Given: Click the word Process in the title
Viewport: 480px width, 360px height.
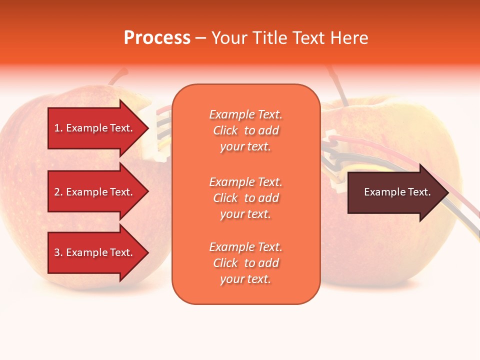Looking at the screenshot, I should pyautogui.click(x=157, y=38).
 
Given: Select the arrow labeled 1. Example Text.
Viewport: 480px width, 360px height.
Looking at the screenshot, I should pyautogui.click(x=95, y=128).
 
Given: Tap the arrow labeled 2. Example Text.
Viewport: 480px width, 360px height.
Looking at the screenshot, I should pyautogui.click(x=95, y=192).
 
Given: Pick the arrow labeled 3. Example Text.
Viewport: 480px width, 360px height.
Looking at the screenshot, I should pyautogui.click(x=95, y=252).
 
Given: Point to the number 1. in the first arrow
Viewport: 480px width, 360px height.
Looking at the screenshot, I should pyautogui.click(x=58, y=128).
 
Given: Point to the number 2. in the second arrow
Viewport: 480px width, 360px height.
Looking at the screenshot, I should pyautogui.click(x=58, y=192).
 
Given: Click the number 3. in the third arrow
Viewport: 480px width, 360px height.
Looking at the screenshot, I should pyautogui.click(x=58, y=252).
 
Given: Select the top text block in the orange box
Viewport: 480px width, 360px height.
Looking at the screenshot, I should pyautogui.click(x=245, y=130).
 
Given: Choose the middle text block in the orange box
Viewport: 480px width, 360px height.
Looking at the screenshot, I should pyautogui.click(x=245, y=198).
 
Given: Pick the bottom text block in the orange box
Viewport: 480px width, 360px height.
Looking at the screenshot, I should pyautogui.click(x=245, y=263).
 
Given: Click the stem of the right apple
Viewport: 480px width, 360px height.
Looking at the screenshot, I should pyautogui.click(x=340, y=90).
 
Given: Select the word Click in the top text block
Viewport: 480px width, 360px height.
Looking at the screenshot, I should pyautogui.click(x=225, y=130).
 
